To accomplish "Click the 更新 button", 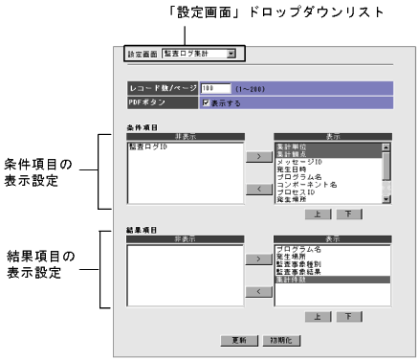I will [x=239, y=340].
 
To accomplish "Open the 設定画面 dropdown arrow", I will [x=231, y=55].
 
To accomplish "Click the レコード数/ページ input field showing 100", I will [x=215, y=87].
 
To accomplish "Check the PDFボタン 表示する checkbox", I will [x=206, y=101].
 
